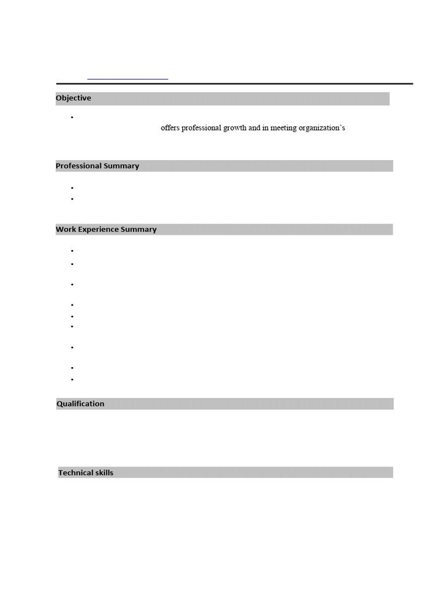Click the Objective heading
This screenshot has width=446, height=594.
point(73,98)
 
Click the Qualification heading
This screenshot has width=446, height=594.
point(81,404)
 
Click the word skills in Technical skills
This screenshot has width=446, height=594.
point(105,473)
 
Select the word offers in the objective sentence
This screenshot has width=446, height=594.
point(170,128)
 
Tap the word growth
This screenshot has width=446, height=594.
point(235,128)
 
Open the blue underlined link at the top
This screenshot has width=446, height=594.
point(128,78)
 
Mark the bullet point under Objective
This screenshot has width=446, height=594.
point(73,118)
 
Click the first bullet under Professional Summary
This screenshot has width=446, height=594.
point(73,188)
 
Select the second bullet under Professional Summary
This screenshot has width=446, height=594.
point(73,199)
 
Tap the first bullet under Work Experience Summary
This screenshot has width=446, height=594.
point(73,251)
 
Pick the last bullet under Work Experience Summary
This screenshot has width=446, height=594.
point(73,379)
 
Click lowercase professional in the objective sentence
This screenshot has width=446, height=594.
point(202,128)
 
